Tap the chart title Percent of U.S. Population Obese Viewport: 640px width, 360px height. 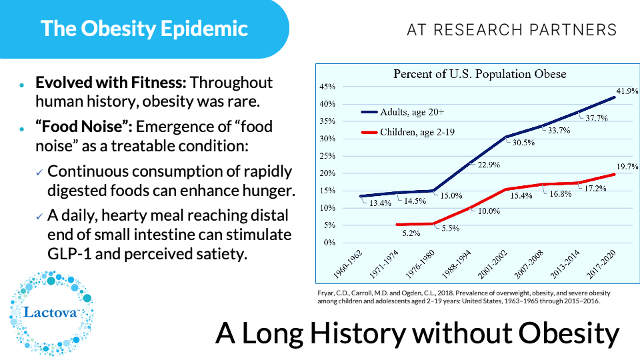pos(479,73)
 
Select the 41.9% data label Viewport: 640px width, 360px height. pos(626,91)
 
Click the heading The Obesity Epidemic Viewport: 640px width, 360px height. pos(144,28)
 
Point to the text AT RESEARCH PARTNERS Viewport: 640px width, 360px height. pos(511,30)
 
